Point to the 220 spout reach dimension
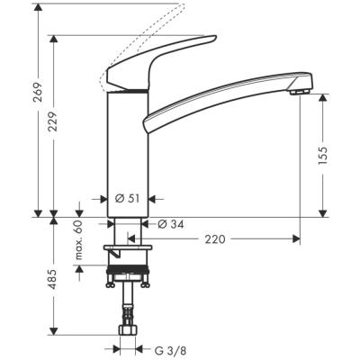(x=214, y=239)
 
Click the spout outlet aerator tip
(x=301, y=87)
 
